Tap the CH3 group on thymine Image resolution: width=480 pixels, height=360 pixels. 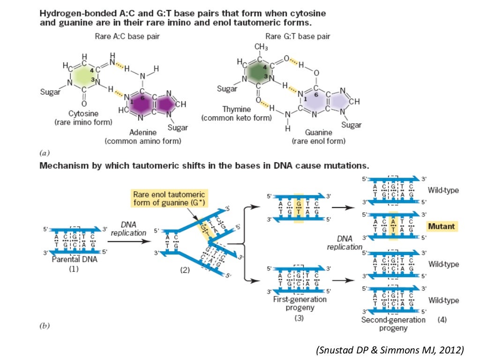[x=261, y=47]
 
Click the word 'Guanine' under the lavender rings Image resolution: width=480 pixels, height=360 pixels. [x=318, y=133]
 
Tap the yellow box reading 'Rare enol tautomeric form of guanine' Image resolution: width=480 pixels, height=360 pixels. [x=169, y=198]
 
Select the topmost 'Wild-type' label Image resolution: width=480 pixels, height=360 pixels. [x=443, y=191]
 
